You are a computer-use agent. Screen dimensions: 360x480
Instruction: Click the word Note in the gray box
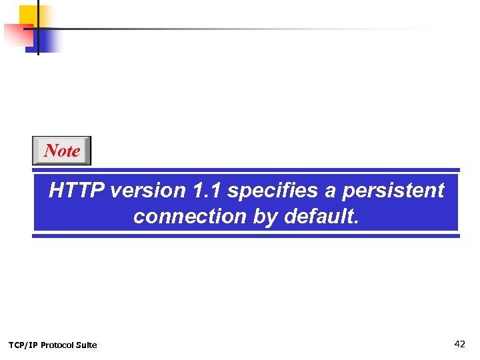click(x=62, y=151)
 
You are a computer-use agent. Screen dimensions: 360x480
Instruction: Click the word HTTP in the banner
click(x=77, y=191)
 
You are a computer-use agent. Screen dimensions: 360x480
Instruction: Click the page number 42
click(x=459, y=344)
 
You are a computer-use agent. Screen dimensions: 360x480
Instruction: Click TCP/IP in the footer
click(x=23, y=345)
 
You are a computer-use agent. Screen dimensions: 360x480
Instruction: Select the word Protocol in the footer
click(x=58, y=345)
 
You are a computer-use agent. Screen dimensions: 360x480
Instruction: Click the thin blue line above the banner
click(x=246, y=170)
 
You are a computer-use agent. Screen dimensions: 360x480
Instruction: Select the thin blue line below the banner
click(x=246, y=235)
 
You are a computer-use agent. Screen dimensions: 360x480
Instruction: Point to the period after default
click(x=356, y=221)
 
